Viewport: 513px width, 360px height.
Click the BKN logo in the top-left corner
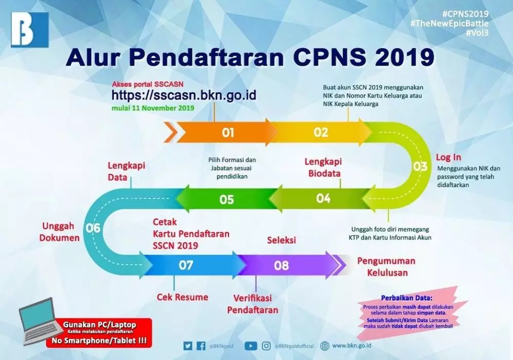pyautogui.click(x=30, y=30)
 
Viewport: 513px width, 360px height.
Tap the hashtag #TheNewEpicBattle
pyautogui.click(x=449, y=23)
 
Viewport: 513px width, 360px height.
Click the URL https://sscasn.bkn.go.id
pyautogui.click(x=184, y=95)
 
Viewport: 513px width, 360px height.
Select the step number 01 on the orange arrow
pyautogui.click(x=228, y=133)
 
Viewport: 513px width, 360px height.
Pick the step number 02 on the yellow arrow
pyautogui.click(x=321, y=132)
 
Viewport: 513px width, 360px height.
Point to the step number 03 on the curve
pyautogui.click(x=420, y=166)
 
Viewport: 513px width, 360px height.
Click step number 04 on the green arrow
pyautogui.click(x=323, y=198)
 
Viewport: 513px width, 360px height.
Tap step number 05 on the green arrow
pyautogui.click(x=227, y=199)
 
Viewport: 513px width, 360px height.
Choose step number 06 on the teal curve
pyautogui.click(x=93, y=229)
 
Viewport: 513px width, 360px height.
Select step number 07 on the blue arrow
pyautogui.click(x=186, y=265)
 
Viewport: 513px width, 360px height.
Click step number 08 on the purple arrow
pyautogui.click(x=282, y=266)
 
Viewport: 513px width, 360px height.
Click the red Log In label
pyautogui.click(x=448, y=157)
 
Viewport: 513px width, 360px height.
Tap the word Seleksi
pyautogui.click(x=282, y=240)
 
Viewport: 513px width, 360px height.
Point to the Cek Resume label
pyautogui.click(x=183, y=297)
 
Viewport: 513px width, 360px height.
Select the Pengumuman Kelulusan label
pyautogui.click(x=386, y=267)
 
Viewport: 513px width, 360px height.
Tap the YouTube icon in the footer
pyautogui.click(x=251, y=346)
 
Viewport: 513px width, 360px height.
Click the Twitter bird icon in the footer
pyautogui.click(x=188, y=346)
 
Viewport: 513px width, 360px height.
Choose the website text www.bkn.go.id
pyautogui.click(x=352, y=346)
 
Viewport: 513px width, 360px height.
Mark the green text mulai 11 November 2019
pyautogui.click(x=153, y=108)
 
